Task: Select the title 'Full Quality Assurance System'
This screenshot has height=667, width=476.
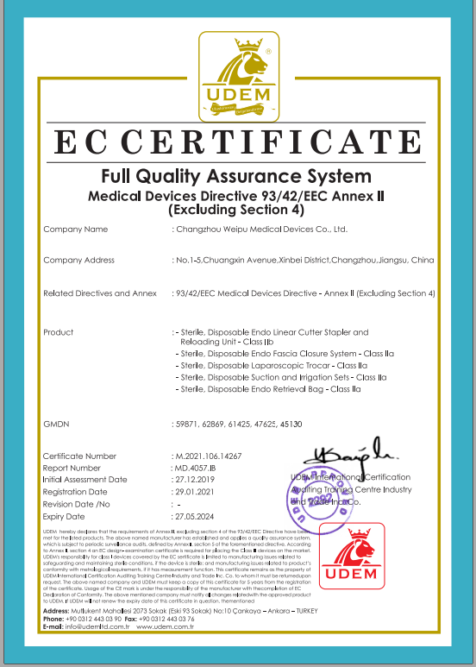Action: [x=237, y=177]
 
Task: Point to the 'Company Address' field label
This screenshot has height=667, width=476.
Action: [x=78, y=261]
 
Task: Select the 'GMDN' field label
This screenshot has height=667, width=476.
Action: [x=55, y=425]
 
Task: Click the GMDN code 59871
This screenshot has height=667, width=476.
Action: [x=187, y=425]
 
